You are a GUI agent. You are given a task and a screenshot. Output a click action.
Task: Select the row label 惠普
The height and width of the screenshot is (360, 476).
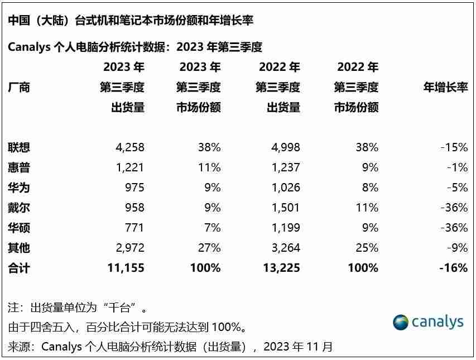pyautogui.click(x=19, y=167)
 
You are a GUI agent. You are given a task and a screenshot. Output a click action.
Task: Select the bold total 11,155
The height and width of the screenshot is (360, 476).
pyautogui.click(x=126, y=268)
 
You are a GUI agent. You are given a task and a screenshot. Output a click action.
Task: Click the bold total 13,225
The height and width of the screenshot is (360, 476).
pyautogui.click(x=281, y=268)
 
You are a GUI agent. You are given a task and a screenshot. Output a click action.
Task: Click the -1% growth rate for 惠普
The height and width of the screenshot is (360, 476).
pyautogui.click(x=456, y=167)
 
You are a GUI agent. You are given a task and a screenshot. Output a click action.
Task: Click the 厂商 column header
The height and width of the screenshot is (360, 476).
pyautogui.click(x=19, y=87)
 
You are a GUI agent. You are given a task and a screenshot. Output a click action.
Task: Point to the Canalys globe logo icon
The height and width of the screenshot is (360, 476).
pyautogui.click(x=400, y=323)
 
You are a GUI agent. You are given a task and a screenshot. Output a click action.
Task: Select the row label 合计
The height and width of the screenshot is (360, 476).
pyautogui.click(x=19, y=268)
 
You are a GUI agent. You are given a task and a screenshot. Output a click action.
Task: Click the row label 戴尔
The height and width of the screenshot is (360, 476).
pyautogui.click(x=19, y=208)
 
